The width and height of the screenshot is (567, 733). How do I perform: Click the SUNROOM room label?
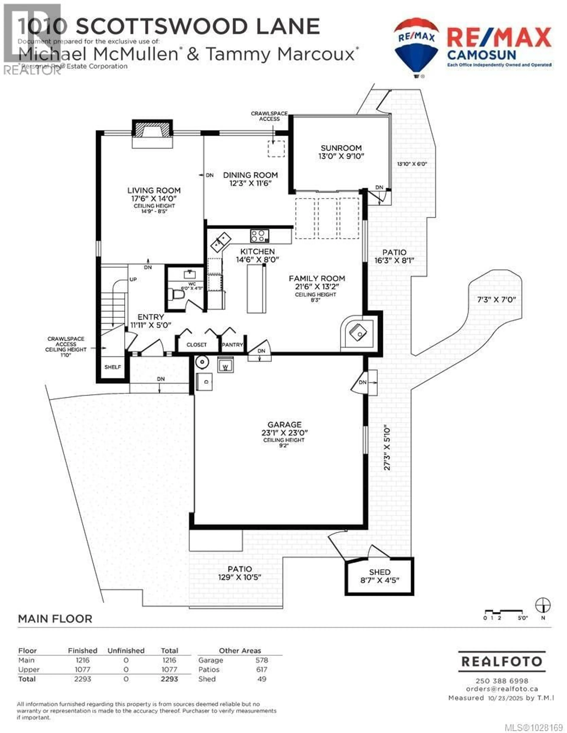341,148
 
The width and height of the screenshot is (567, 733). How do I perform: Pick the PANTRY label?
232,345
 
